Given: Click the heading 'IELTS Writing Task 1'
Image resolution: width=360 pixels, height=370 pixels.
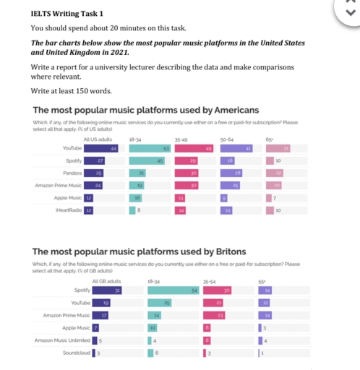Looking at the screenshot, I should coord(67,14).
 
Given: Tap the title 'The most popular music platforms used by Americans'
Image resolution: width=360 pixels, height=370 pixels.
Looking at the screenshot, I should coord(144,110).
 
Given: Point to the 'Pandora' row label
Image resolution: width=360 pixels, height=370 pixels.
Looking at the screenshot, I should coord(72,173).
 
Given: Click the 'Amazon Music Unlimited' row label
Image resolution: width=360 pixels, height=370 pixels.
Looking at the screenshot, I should coord(61,340).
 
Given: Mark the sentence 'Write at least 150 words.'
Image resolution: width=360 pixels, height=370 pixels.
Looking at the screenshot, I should coord(71,91).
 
